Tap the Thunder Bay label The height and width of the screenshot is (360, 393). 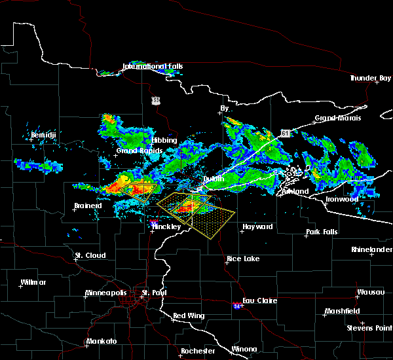pyautogui.click(x=371, y=78)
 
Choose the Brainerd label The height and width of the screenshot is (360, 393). pyautogui.click(x=88, y=206)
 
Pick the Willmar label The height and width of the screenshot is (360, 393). pyautogui.click(x=33, y=282)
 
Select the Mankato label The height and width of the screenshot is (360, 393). pyautogui.click(x=102, y=341)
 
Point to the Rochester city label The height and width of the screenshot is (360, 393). pyautogui.click(x=198, y=351)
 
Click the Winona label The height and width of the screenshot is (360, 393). pyautogui.click(x=244, y=349)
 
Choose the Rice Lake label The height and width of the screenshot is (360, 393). pyautogui.click(x=242, y=259)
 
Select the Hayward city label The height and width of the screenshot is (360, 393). pyautogui.click(x=257, y=226)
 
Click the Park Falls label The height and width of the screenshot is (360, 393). pyautogui.click(x=324, y=232)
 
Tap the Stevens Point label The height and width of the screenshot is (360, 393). pyautogui.click(x=369, y=327)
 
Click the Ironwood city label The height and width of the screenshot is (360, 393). pyautogui.click(x=343, y=198)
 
